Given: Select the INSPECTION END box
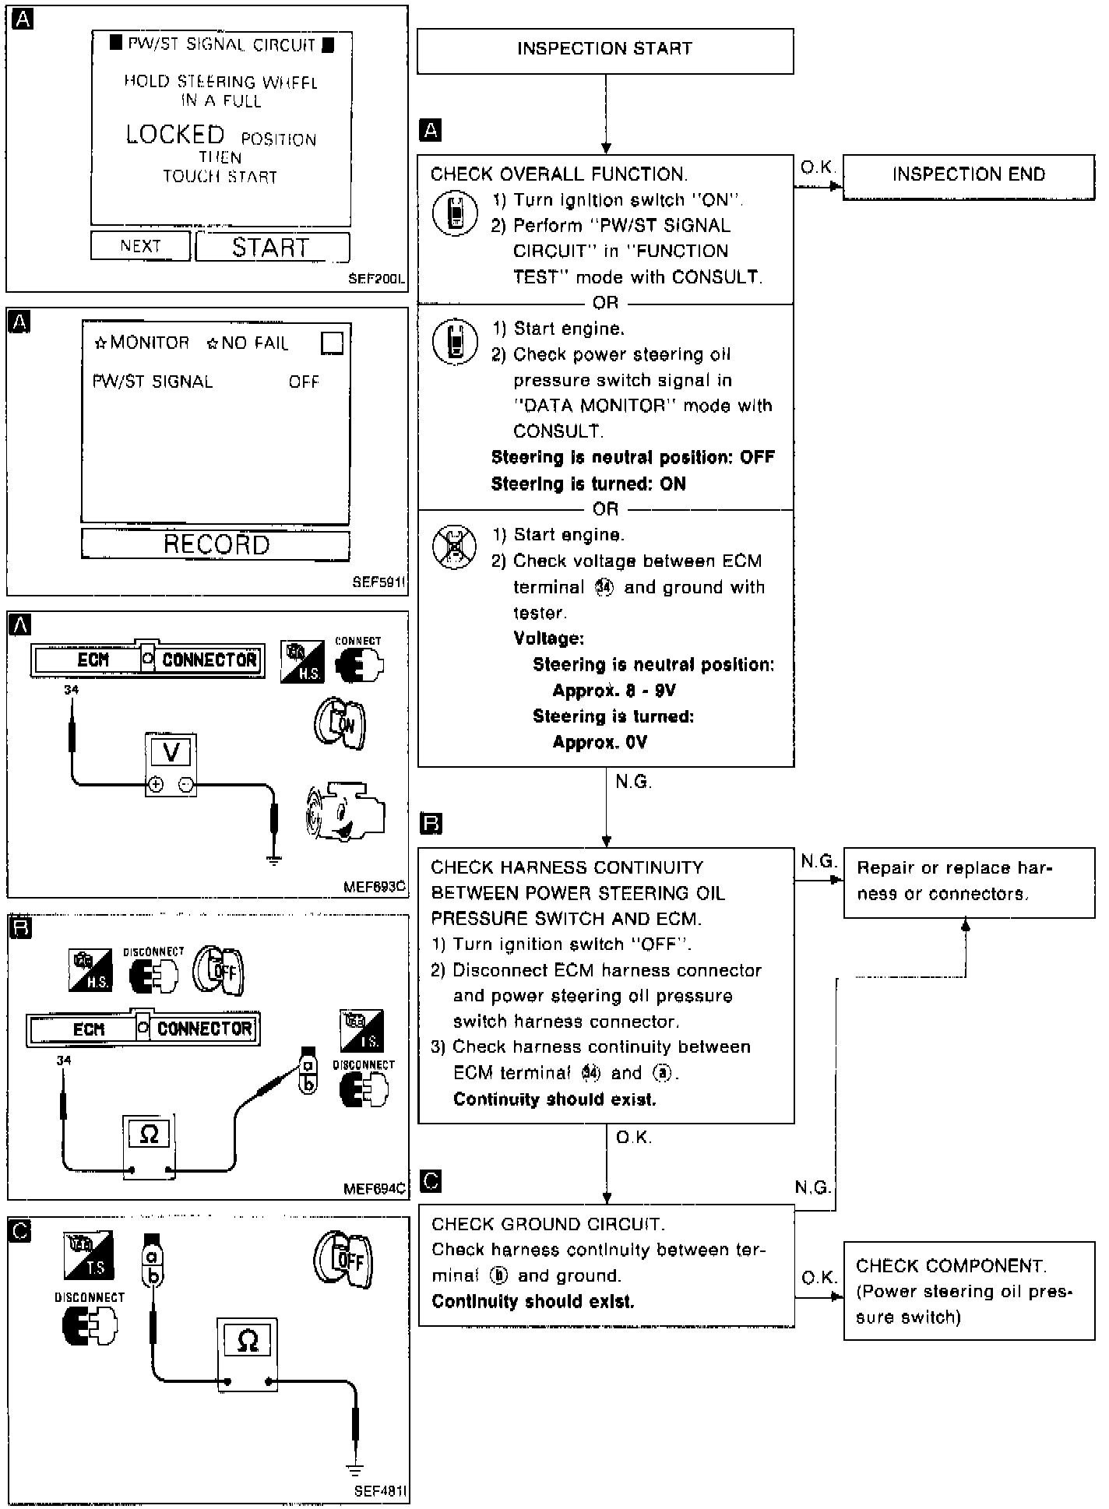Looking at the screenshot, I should pos(968,176).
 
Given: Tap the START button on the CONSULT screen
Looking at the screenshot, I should pos(272,248).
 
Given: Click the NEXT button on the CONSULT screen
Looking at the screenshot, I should pos(140,246).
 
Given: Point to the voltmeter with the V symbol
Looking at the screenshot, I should pos(171,764).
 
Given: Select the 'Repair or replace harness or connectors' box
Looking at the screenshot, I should pos(968,882).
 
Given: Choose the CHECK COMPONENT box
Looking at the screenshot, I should pos(968,1291).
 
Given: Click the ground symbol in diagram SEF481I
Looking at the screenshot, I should pos(355,1471).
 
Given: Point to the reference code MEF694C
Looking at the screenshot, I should pos(375,1189).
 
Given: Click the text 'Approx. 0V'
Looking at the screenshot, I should pos(600,743).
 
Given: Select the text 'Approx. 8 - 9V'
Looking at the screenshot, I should pos(614,691).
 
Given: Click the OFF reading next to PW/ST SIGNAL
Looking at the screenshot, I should pos(304,382).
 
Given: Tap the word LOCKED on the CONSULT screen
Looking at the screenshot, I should pos(175,135).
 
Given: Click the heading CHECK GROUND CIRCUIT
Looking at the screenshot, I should pos(547,1224).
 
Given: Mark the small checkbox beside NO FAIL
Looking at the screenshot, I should pos(332,343).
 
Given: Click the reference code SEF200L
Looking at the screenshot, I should pos(377,279).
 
